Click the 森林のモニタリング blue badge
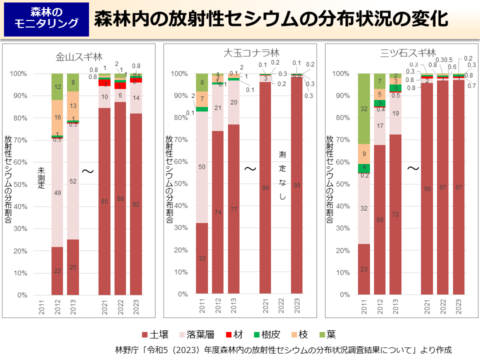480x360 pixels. point(46,18)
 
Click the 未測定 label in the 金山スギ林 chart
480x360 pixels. point(41,178)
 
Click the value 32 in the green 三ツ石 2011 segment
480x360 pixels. point(363,108)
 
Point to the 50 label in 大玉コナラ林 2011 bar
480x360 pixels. point(201,167)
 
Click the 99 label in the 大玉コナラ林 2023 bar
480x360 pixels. point(297,185)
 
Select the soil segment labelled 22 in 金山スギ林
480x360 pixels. point(57,270)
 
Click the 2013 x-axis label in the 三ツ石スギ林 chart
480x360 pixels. point(395,305)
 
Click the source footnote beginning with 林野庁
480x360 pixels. point(283,349)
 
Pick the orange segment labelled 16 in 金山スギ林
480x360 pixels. point(57,117)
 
